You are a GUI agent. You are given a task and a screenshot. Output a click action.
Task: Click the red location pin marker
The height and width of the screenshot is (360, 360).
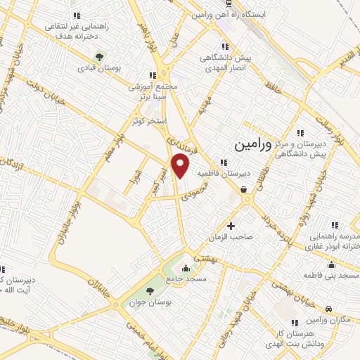point(181,167)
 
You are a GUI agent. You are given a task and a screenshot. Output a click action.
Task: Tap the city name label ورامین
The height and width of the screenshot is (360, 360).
point(251,146)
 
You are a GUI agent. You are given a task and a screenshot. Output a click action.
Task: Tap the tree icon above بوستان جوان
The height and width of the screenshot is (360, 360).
point(149,291)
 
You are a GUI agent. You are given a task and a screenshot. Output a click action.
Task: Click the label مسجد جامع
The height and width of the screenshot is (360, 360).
point(187,280)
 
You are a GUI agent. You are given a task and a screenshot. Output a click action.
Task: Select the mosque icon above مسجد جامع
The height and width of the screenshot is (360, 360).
point(186,268)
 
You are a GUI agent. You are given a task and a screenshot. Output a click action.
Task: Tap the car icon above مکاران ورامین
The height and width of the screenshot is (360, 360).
point(328,308)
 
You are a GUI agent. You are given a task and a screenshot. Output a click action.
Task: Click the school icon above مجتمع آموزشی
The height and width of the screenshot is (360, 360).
point(151,75)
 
